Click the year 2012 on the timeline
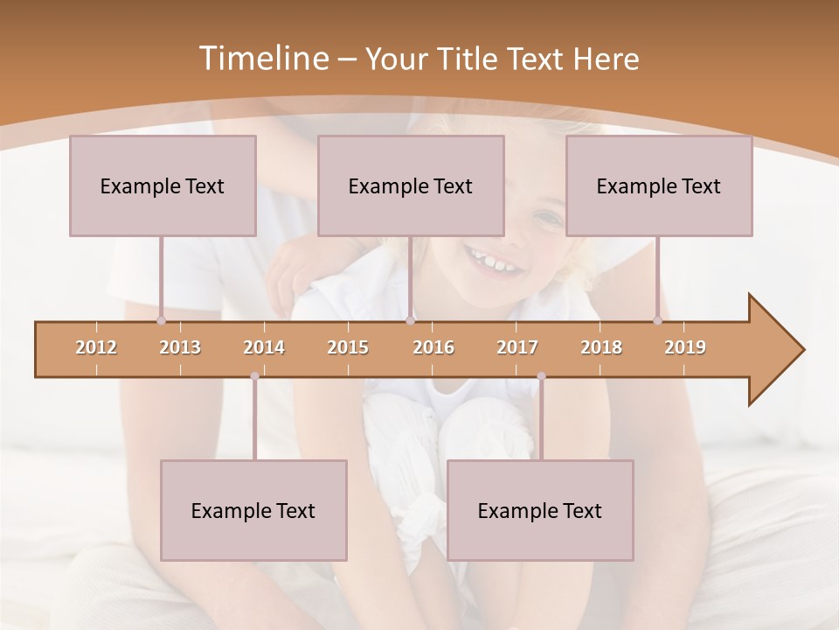tap(96, 347)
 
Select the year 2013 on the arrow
tap(180, 347)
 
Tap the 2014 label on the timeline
tap(264, 347)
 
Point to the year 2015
tap(348, 347)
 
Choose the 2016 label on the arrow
tap(433, 347)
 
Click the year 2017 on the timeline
tap(517, 347)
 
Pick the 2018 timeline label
tap(601, 347)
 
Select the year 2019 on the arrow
tap(685, 347)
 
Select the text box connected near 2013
tap(163, 185)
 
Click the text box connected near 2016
tap(411, 185)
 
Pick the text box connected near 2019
tap(659, 185)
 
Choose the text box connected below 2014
tap(253, 510)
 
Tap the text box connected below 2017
tap(540, 510)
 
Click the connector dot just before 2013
tap(161, 320)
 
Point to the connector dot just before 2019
tap(657, 320)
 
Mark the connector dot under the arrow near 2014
tap(254, 376)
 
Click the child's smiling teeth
tap(491, 261)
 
